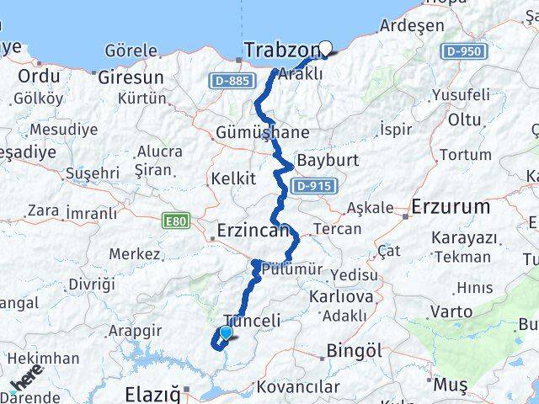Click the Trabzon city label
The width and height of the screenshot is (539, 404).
click(x=281, y=50)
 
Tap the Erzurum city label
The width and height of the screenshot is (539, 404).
click(x=451, y=206)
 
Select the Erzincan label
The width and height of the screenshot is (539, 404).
click(x=252, y=230)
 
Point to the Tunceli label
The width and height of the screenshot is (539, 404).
click(x=252, y=321)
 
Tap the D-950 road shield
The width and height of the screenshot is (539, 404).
click(x=462, y=52)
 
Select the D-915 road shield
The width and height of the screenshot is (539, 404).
click(x=315, y=186)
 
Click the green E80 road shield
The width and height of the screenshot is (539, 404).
click(x=177, y=221)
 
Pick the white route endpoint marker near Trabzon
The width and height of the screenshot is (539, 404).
click(x=326, y=49)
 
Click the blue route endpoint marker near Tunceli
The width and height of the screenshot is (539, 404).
click(x=225, y=333)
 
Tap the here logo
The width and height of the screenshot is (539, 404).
click(x=25, y=380)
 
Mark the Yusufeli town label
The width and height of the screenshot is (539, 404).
click(x=458, y=95)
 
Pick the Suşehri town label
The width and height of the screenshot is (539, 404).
click(x=93, y=173)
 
